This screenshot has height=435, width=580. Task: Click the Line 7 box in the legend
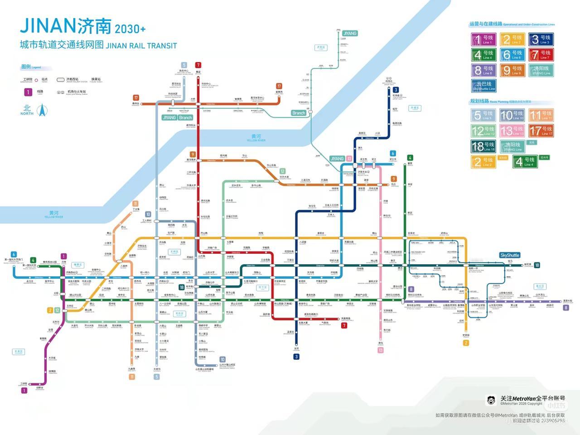point(541,55)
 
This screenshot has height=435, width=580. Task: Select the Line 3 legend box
point(541,39)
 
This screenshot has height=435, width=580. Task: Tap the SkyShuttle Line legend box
point(483,86)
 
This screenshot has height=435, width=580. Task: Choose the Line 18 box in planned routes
point(483,146)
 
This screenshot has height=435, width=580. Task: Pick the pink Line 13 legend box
point(512,131)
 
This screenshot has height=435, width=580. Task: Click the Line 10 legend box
point(512,115)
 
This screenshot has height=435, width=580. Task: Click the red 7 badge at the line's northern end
point(198,65)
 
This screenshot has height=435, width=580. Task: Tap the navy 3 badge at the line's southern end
point(296,357)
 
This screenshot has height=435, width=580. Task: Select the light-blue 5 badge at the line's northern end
point(184,65)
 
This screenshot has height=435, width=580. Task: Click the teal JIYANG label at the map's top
point(350,34)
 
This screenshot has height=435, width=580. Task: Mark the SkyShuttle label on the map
point(510,255)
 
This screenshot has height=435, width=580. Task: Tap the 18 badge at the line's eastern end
point(537,265)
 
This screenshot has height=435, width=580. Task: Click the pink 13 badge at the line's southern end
point(381,350)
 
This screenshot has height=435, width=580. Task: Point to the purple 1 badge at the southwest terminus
point(24,390)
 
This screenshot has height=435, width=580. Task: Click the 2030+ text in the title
point(130,29)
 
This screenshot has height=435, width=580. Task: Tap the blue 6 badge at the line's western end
point(14,254)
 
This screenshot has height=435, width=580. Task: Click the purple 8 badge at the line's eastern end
point(565,308)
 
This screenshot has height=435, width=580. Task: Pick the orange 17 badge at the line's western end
point(136,97)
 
